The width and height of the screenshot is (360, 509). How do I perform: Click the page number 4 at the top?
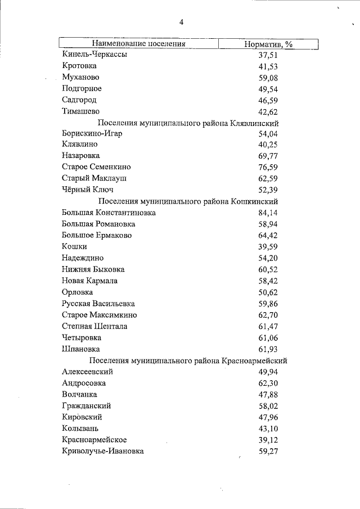(x=181, y=22)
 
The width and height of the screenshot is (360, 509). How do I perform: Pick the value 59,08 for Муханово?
(x=268, y=78)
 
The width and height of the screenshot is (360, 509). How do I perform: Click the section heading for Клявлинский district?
(x=188, y=123)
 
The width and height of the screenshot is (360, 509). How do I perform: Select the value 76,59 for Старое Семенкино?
(x=268, y=168)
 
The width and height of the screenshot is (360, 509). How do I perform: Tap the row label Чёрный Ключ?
(x=87, y=190)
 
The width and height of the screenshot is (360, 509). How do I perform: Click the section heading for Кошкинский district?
(x=188, y=201)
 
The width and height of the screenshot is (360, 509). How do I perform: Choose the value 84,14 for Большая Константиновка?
(x=268, y=213)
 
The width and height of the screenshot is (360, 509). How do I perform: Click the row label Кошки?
(x=74, y=247)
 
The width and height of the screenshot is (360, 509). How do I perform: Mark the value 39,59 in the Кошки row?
(x=268, y=247)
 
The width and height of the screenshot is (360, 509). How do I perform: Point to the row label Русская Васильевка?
(x=98, y=304)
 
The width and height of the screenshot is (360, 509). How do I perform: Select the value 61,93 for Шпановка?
(x=268, y=349)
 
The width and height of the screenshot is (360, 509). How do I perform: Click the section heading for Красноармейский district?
(x=188, y=361)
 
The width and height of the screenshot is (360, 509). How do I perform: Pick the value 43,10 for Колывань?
(x=268, y=429)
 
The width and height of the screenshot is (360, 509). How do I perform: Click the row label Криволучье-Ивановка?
(x=102, y=451)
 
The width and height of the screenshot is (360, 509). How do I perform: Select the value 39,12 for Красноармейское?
(x=268, y=440)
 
